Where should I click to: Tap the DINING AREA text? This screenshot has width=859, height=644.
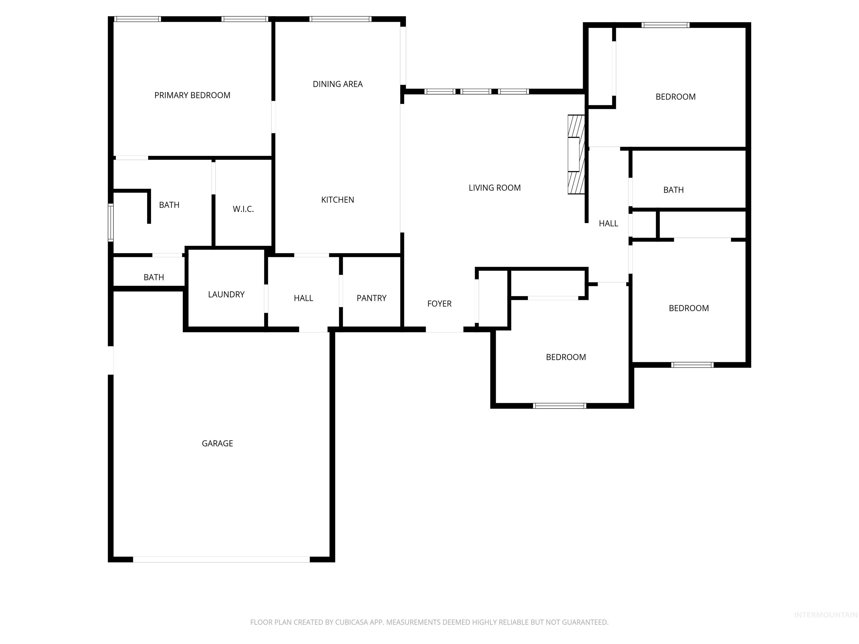[338, 84]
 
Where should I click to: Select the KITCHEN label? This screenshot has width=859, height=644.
[338, 200]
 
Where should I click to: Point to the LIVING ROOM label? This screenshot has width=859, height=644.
[494, 188]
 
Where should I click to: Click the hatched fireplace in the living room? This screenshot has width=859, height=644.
[576, 155]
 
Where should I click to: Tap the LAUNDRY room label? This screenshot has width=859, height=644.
[226, 295]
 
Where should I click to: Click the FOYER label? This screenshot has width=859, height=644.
[439, 304]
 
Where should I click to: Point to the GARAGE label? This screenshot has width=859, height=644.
[217, 443]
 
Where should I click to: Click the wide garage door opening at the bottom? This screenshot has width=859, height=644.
[221, 559]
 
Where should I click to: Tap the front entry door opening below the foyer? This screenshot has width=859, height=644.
[444, 330]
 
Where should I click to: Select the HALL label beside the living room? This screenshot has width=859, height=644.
[608, 224]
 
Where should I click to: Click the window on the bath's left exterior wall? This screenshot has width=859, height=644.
[111, 222]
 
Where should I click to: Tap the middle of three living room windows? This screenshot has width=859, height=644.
[476, 92]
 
